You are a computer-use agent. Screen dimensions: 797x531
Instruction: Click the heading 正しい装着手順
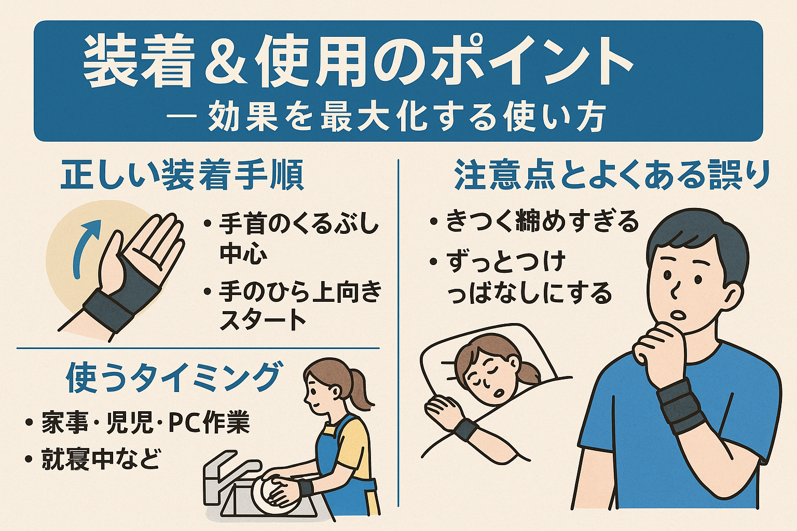point(182,176)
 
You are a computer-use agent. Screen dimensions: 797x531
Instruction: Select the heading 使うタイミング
point(173,377)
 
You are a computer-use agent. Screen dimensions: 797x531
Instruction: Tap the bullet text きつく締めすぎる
point(543,221)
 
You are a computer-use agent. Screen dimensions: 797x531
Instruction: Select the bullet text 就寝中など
point(101,459)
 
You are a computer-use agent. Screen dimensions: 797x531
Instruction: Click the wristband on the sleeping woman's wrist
point(466,432)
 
